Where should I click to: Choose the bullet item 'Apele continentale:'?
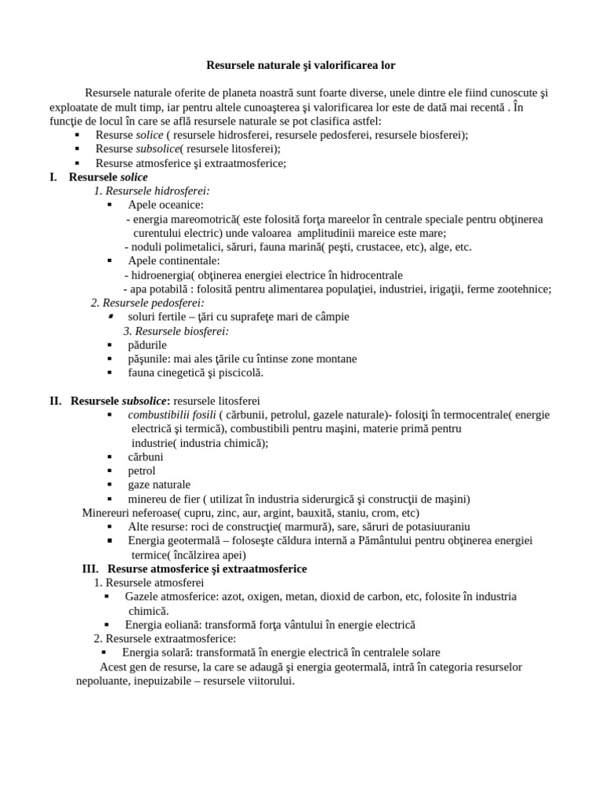(x=173, y=261)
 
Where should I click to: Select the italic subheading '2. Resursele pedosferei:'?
(x=147, y=303)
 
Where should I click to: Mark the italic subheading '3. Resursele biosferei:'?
(x=176, y=331)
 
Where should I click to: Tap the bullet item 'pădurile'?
(x=147, y=345)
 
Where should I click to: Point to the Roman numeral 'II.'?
(x=56, y=401)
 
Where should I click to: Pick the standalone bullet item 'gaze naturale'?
(x=159, y=485)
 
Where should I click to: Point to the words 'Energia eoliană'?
(x=164, y=625)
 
